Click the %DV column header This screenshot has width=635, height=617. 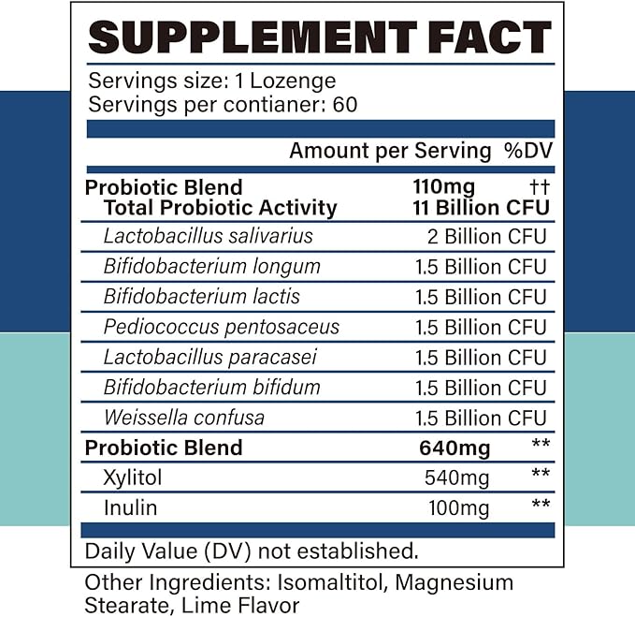[x=527, y=151]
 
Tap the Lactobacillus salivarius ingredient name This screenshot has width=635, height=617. [x=209, y=237]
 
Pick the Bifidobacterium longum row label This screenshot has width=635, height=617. [x=212, y=267]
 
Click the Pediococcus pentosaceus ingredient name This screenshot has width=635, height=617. [x=222, y=327]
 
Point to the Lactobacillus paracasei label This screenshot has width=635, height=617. [x=211, y=357]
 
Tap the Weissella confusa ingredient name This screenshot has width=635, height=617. [x=184, y=418]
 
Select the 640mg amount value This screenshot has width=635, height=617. [x=455, y=448]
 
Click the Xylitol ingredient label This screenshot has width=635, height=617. [x=133, y=478]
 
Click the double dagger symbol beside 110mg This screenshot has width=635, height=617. [x=538, y=187]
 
